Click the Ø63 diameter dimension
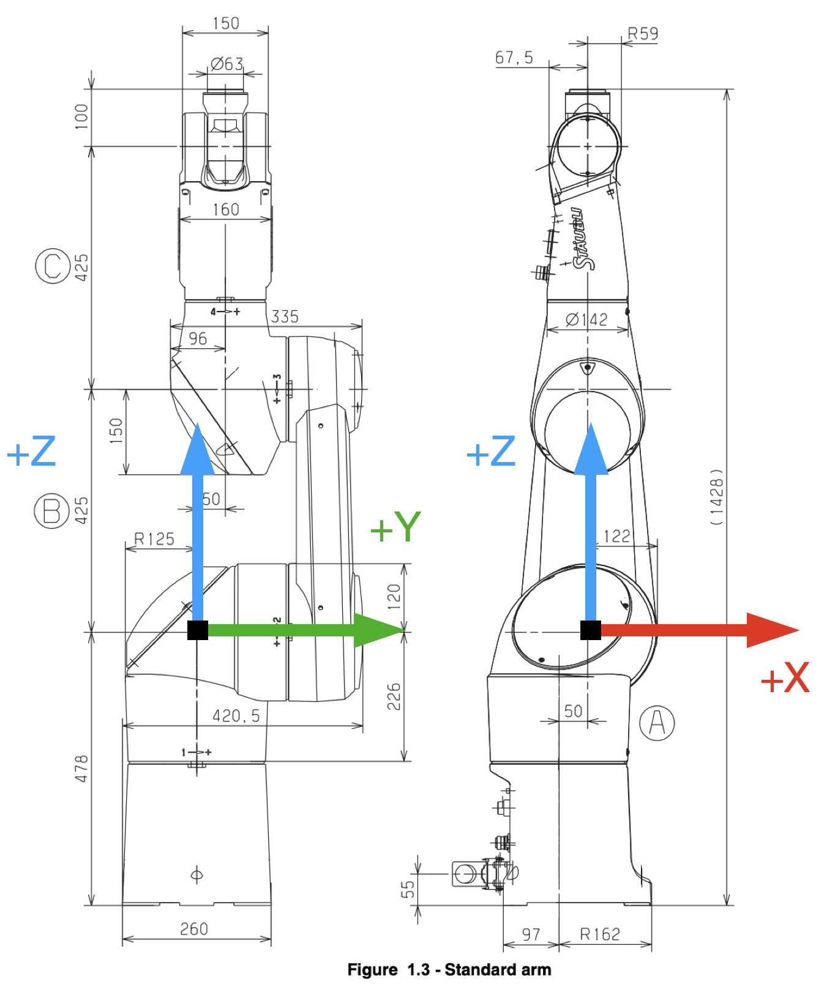pyautogui.click(x=227, y=64)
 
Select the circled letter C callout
pyautogui.click(x=52, y=266)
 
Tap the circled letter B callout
pyautogui.click(x=51, y=511)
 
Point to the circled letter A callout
pyautogui.click(x=657, y=723)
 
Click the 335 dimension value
pyautogui.click(x=285, y=316)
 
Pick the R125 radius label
pyautogui.click(x=154, y=538)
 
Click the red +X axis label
pyautogui.click(x=785, y=677)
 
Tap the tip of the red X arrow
pyautogui.click(x=799, y=630)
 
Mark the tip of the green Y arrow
pyautogui.click(x=406, y=630)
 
